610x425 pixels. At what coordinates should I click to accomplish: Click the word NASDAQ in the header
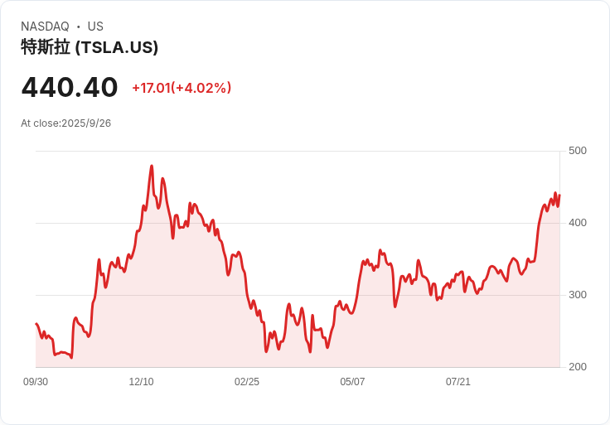(45, 27)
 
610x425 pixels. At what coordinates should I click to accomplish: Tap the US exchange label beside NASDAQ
(95, 27)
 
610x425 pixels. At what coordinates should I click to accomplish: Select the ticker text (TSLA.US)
(117, 48)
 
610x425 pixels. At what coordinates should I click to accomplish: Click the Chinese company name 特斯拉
(46, 48)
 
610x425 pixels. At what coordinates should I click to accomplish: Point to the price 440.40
(70, 87)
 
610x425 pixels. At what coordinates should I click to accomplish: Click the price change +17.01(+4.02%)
(182, 88)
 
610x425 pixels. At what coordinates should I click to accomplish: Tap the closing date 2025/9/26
(86, 123)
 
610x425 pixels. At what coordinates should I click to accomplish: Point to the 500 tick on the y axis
(578, 151)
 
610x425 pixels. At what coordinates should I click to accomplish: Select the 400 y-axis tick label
(578, 223)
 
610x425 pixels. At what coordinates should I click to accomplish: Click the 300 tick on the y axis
(578, 295)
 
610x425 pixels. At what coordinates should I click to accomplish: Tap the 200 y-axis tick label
(578, 367)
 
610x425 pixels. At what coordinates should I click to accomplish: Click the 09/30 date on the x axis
(36, 382)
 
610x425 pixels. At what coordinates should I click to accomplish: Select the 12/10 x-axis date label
(141, 382)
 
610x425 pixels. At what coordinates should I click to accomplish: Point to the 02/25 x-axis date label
(247, 382)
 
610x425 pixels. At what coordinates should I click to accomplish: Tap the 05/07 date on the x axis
(352, 382)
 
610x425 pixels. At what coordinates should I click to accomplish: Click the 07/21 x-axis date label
(458, 382)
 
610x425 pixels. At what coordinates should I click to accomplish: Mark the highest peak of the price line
(152, 166)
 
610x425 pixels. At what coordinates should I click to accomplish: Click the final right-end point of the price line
(560, 196)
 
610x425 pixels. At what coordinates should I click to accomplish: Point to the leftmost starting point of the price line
(36, 324)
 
